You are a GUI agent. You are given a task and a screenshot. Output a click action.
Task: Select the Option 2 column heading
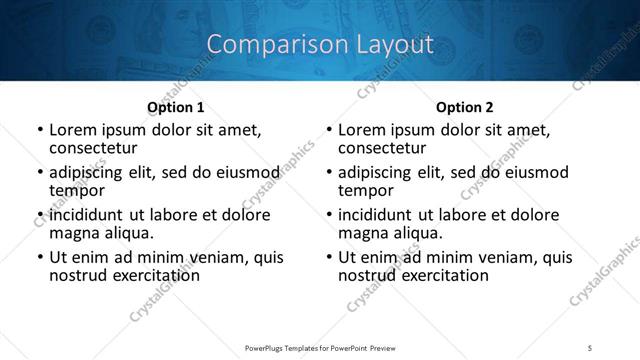click(x=464, y=107)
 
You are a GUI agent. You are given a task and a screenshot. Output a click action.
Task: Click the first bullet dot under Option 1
click(x=40, y=130)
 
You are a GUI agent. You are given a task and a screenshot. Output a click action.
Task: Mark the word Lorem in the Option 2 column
click(x=361, y=130)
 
